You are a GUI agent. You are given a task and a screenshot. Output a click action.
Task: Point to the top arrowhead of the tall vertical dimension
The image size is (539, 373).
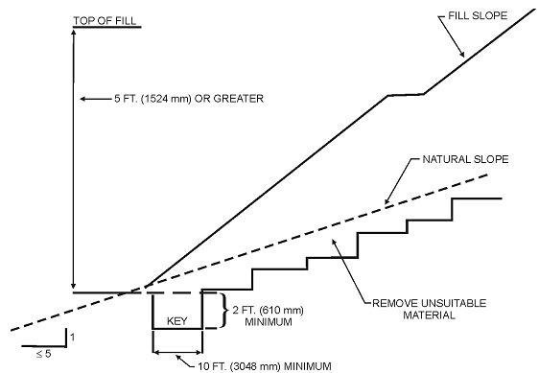(x=74, y=33)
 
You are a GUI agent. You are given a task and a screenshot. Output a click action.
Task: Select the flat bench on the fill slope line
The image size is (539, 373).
(x=406, y=94)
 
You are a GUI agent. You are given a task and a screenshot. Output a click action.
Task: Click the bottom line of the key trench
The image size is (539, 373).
(x=177, y=329)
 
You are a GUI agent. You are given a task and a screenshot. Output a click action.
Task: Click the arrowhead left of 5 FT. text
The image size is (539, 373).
(x=82, y=98)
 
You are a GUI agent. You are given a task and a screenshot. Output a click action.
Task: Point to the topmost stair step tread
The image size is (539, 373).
(x=478, y=198)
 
